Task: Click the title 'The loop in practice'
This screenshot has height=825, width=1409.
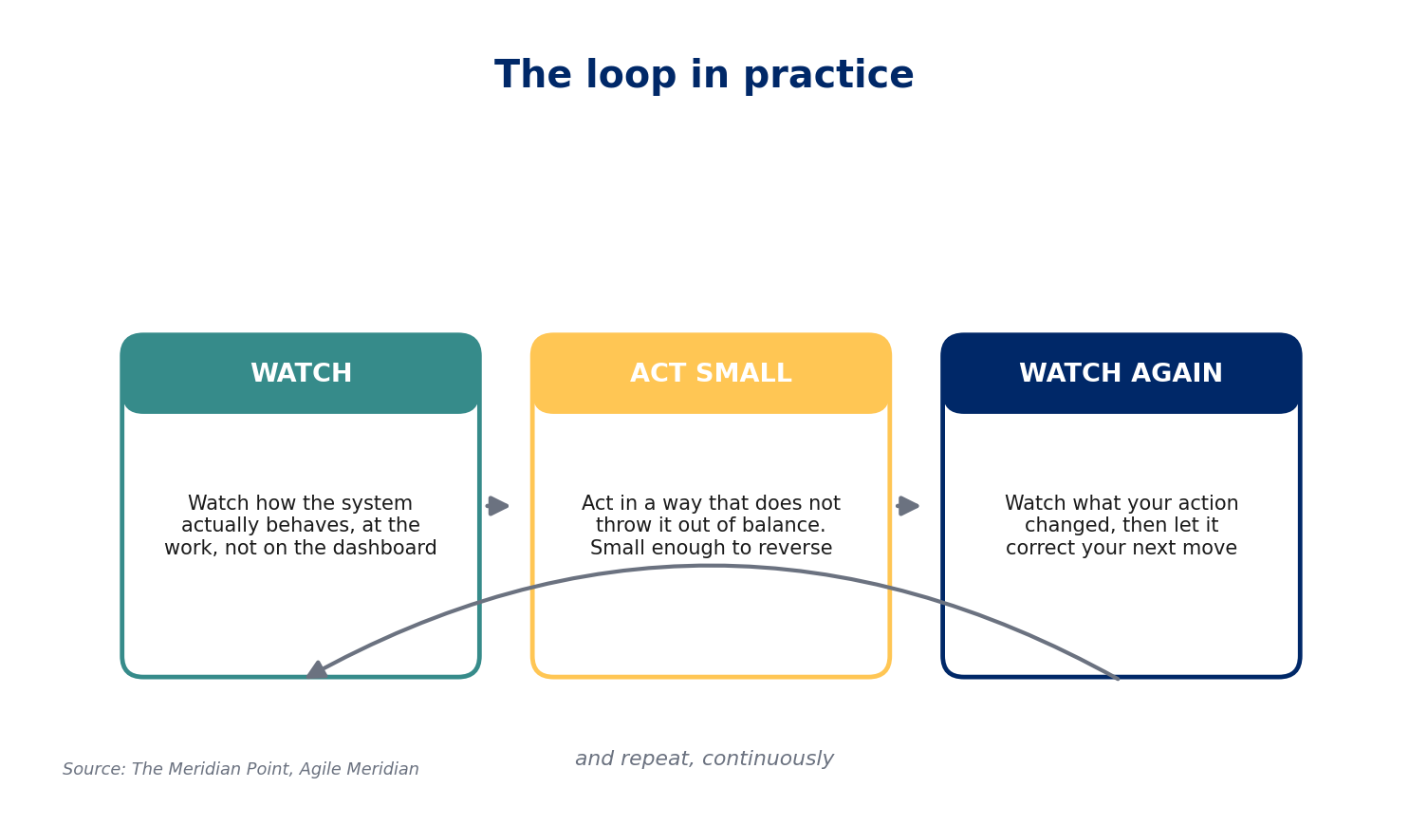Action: tap(704, 76)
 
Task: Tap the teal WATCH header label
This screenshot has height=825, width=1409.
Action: tap(302, 373)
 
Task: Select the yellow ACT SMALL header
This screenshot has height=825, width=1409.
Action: tap(711, 373)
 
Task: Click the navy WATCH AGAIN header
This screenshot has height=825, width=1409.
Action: tap(1121, 373)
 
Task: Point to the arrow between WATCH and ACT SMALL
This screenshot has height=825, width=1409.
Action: tap(497, 506)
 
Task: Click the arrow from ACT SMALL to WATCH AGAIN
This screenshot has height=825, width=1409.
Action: tap(908, 506)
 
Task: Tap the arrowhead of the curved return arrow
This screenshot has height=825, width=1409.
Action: tap(317, 670)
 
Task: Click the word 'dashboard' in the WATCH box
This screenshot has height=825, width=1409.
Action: tap(385, 548)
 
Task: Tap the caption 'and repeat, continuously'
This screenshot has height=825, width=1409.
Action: tap(704, 759)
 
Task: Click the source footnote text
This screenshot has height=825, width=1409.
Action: tap(241, 769)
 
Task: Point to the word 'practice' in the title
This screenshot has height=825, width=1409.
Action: tap(828, 76)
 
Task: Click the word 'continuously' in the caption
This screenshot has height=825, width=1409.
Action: tap(768, 759)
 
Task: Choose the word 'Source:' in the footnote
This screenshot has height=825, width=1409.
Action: tap(94, 769)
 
